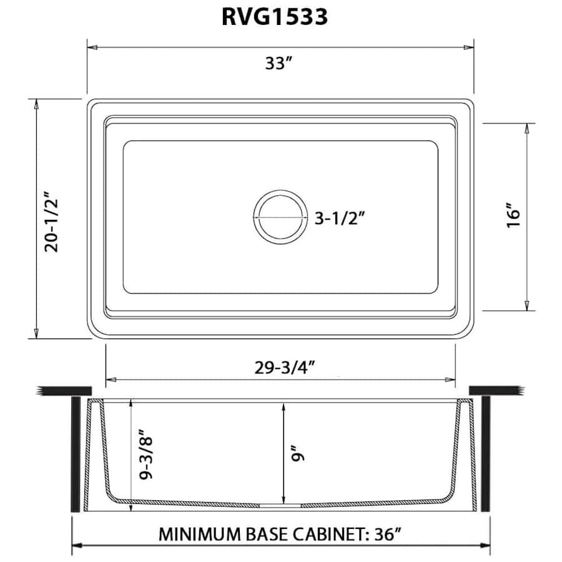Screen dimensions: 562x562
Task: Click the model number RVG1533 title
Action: coord(275,17)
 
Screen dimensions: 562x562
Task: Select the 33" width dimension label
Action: coord(279,64)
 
